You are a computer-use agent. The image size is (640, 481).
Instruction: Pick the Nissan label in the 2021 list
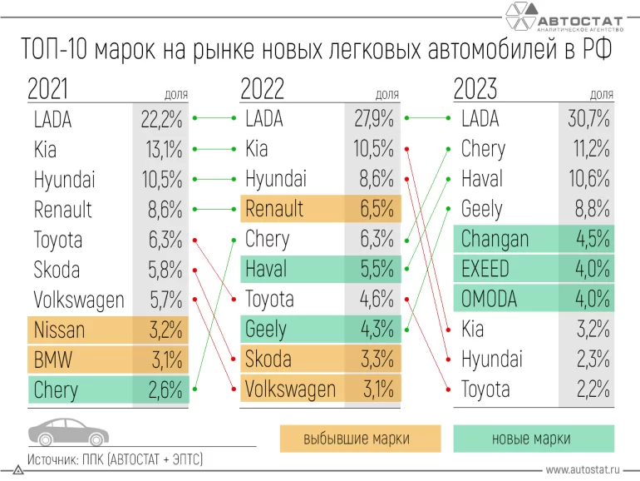click(59, 330)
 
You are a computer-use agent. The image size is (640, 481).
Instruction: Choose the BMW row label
click(54, 360)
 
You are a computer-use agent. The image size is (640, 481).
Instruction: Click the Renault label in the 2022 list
click(274, 209)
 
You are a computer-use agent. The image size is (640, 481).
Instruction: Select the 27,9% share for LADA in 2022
click(373, 120)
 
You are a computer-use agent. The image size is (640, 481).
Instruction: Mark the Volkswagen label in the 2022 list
click(290, 389)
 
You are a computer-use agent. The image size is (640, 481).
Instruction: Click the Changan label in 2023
click(495, 240)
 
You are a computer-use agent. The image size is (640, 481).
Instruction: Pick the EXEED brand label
click(485, 270)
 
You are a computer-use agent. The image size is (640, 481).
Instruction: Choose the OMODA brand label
click(489, 299)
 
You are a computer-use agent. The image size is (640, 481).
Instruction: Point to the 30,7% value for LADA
click(588, 120)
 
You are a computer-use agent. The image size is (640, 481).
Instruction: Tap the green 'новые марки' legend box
click(534, 439)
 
